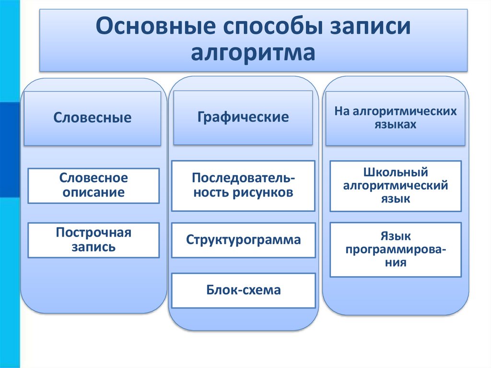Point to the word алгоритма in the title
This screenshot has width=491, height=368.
(x=253, y=52)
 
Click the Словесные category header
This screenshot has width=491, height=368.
(x=93, y=118)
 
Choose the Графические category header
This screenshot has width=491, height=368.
(x=243, y=117)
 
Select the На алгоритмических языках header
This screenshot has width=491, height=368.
(x=395, y=118)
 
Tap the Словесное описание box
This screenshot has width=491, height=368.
(x=94, y=186)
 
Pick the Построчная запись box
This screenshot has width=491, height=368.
(x=94, y=240)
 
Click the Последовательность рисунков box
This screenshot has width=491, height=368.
(x=243, y=186)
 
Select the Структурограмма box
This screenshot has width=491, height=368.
(x=243, y=240)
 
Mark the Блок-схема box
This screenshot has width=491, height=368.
(x=243, y=290)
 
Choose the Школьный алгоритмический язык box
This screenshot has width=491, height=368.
(x=396, y=186)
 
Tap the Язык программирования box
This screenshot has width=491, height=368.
(x=396, y=249)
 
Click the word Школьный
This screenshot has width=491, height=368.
(x=396, y=173)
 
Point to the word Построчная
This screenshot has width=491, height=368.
(x=94, y=233)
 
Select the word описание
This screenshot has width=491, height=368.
(x=94, y=193)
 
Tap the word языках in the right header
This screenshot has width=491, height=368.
(x=396, y=125)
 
